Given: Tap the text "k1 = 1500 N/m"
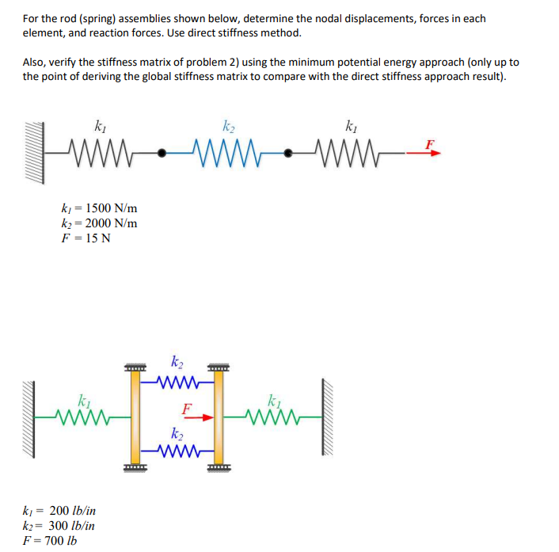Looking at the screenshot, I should pos(99,208).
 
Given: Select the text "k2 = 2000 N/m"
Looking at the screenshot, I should pos(99,223).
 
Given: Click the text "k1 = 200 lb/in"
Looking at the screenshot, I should pos(59,512).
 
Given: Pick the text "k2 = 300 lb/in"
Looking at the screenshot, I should pos(59,526).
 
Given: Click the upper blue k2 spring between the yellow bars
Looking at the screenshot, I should pos(177,384).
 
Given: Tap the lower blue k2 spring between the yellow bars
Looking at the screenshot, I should pos(177,452).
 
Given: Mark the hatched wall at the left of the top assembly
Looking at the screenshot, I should pos(32,151).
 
